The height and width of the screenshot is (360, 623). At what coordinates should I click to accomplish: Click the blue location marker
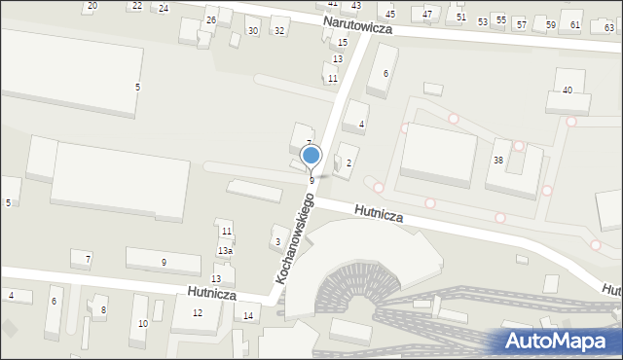311,155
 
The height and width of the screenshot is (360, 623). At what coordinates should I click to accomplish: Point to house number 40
567,90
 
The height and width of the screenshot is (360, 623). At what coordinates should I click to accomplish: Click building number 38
497,160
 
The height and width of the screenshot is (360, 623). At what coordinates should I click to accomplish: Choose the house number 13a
225,251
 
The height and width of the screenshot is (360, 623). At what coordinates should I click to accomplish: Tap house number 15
342,43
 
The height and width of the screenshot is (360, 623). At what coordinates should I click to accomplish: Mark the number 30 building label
252,31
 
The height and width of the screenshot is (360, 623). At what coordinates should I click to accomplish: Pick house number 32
278,31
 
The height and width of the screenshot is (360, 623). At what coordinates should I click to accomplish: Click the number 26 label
210,20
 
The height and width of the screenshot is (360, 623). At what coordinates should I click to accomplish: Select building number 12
198,312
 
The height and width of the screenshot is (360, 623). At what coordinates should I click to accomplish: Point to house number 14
248,315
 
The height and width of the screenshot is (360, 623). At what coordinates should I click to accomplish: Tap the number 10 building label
143,323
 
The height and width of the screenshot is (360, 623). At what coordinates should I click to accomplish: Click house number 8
103,310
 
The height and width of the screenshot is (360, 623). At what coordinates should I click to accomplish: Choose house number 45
390,15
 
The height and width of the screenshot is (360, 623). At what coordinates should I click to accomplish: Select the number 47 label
428,15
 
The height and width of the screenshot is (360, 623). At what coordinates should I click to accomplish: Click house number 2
348,162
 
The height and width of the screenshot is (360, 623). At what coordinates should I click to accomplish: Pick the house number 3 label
277,241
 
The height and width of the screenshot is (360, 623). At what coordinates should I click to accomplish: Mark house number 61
575,25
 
